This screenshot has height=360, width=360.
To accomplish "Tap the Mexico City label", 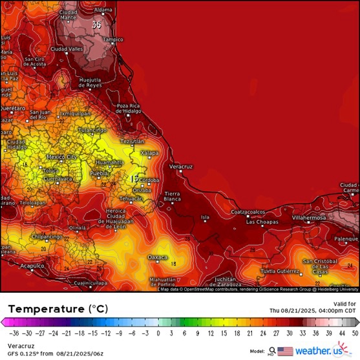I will [x=62, y=157].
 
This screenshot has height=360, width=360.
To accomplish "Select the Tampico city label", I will [x=112, y=39].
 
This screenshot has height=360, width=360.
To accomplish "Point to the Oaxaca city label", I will [x=158, y=257].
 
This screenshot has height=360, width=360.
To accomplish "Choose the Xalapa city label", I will [x=149, y=153].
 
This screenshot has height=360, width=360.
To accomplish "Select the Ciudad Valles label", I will [x=67, y=48].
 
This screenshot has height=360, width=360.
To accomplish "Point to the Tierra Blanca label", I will [x=172, y=196].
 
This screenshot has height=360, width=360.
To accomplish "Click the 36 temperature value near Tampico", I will [x=97, y=25].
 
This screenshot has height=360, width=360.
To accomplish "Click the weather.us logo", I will [x=319, y=351].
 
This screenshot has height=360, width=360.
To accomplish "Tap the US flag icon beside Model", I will [x=285, y=351].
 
